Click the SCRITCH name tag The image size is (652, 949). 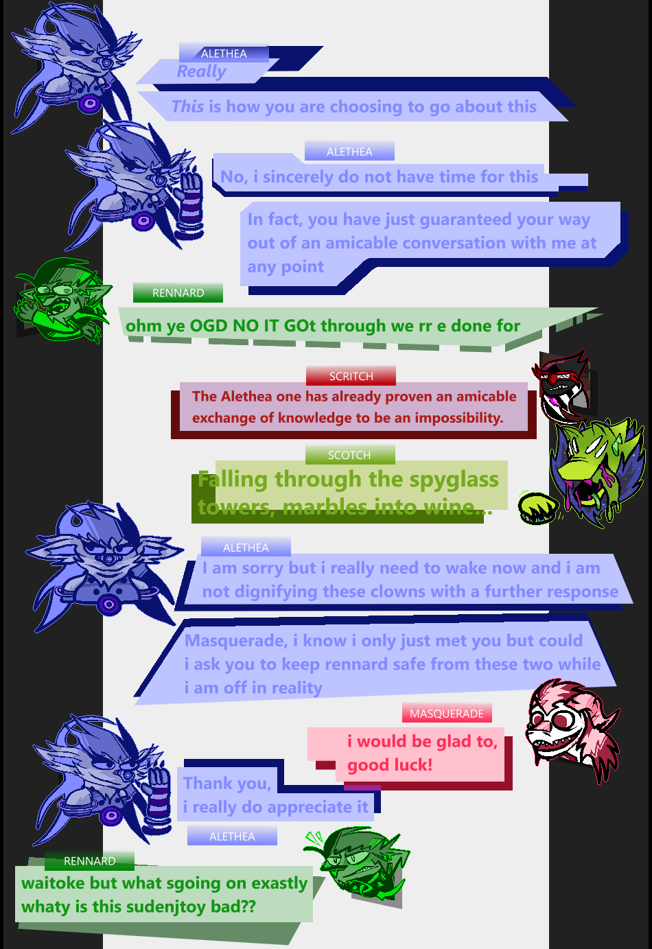click(351, 376)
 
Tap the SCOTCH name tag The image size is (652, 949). click(350, 454)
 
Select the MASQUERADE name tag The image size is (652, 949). click(447, 714)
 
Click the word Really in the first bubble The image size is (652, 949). click(202, 71)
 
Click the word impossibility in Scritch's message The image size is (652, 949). click(459, 418)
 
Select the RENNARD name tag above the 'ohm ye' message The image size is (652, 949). click(178, 292)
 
